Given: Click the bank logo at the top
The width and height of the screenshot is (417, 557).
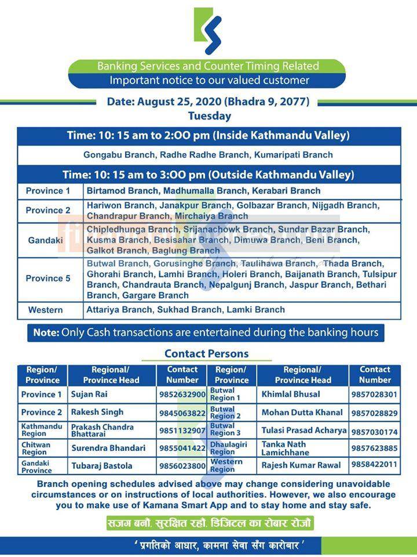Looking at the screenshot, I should [207, 31].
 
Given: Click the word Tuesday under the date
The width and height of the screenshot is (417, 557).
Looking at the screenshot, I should [209, 115].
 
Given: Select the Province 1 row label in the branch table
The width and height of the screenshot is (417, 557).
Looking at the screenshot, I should [47, 191].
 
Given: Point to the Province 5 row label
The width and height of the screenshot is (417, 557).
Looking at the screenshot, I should [47, 278].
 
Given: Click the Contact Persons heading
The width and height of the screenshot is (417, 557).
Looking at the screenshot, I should [206, 353].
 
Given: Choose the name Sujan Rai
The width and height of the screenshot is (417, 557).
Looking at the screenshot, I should [89, 395].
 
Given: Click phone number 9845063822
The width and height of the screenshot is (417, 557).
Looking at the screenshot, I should [182, 413].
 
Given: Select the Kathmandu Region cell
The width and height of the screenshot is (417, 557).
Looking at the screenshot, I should [42, 430].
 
